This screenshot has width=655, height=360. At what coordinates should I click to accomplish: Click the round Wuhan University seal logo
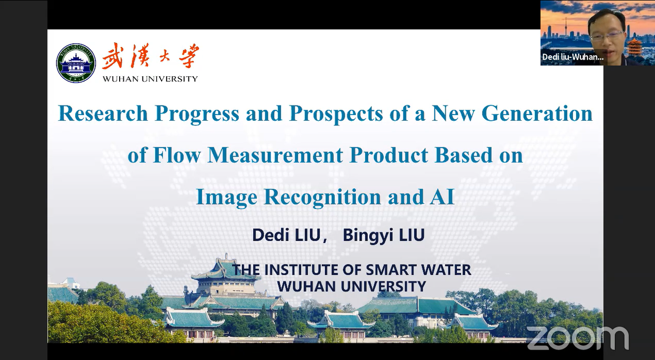(76, 63)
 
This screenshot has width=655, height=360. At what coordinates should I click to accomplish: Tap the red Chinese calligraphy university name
(150, 56)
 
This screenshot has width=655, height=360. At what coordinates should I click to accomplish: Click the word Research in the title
(103, 113)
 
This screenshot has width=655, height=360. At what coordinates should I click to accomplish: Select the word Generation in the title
(512, 113)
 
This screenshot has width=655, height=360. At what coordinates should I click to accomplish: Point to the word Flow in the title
(177, 155)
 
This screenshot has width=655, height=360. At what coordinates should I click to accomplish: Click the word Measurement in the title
(275, 155)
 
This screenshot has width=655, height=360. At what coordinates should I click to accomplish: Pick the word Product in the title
(389, 155)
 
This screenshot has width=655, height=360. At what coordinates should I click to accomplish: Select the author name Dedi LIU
(286, 236)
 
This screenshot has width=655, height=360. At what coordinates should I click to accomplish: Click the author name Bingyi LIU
(383, 236)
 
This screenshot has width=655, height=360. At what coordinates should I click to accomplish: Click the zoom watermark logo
(578, 338)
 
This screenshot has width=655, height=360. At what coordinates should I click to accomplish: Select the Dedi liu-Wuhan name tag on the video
(572, 57)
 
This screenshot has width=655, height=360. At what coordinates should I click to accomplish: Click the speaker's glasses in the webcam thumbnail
(606, 37)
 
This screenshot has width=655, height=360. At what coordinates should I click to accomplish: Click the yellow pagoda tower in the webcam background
(635, 48)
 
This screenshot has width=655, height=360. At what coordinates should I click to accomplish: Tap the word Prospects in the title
(336, 114)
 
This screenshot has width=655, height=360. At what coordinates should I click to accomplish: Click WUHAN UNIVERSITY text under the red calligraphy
(150, 79)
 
